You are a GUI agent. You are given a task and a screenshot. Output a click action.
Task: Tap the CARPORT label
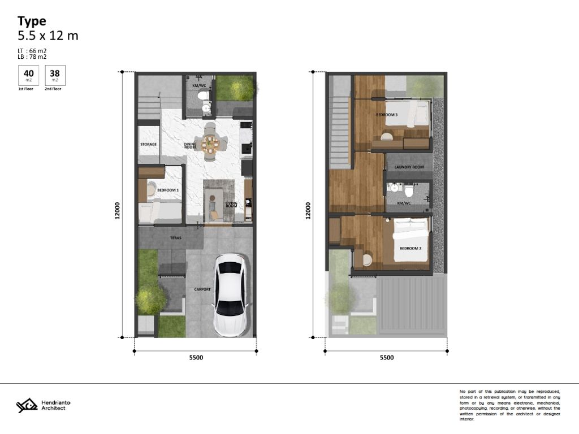click(202, 289)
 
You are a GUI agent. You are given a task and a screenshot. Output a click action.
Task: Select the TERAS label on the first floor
click(176, 238)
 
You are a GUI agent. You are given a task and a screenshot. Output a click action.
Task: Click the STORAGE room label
click(148, 145)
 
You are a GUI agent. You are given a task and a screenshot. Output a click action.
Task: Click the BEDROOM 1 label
click(168, 190)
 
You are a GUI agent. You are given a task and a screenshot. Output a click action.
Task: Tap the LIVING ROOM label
click(231, 205)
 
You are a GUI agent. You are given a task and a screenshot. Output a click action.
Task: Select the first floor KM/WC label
click(199, 86)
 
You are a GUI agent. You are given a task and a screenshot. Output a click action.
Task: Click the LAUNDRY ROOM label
click(409, 167)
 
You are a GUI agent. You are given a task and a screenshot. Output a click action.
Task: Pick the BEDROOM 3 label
click(387, 115)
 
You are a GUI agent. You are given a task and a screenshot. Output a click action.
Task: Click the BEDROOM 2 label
click(411, 249)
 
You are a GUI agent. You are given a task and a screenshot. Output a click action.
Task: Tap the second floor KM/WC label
click(404, 203)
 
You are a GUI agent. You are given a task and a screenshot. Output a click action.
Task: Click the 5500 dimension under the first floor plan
click(196, 358)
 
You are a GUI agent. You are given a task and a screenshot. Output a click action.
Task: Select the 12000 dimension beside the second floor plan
click(308, 211)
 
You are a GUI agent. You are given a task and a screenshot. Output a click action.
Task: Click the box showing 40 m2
click(28, 75)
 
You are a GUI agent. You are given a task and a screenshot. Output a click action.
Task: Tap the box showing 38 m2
click(54, 75)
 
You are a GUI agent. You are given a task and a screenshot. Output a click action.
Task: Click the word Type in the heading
click(32, 21)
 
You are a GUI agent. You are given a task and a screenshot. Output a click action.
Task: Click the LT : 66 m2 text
click(32, 51)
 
